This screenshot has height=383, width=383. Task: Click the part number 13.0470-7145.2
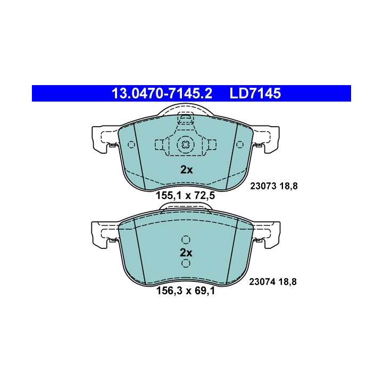[162, 93]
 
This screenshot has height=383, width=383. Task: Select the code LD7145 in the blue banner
[255, 93]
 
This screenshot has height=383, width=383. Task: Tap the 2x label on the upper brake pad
[186, 170]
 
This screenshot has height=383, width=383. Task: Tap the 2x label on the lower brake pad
[186, 253]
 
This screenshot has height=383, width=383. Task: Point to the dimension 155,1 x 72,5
[186, 195]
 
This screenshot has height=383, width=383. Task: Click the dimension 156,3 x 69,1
[186, 290]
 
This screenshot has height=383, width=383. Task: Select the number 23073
[263, 186]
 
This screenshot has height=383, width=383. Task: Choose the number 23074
[262, 282]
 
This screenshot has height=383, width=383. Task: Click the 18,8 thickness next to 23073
[288, 186]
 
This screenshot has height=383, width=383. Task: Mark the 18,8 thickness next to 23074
[287, 282]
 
